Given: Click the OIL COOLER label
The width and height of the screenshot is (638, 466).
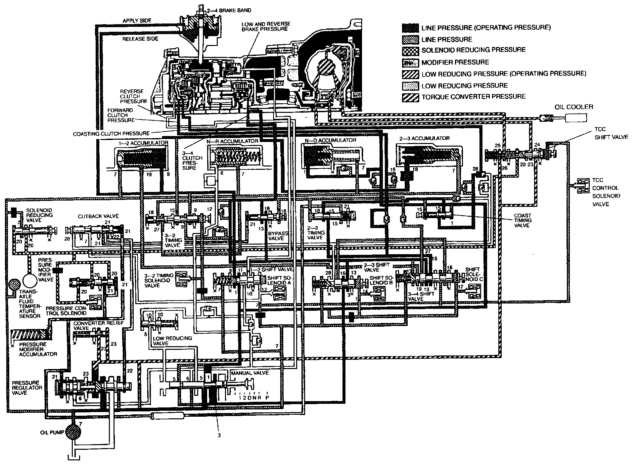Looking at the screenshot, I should pos(574,107).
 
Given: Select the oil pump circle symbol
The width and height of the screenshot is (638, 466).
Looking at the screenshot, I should pos(74,432).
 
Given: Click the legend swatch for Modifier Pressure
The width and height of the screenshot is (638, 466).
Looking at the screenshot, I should pos(410,62).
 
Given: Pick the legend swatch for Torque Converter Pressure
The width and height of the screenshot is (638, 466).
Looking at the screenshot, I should pos(410,97).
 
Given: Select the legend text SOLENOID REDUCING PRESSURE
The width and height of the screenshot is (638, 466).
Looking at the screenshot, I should pos(474,50).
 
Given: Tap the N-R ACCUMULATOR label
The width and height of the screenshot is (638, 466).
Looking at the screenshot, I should pos(233,141).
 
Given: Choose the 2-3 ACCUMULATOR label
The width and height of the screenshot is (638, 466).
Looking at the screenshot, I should pos(425,138).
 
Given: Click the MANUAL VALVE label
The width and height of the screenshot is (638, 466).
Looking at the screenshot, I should pos(250,373).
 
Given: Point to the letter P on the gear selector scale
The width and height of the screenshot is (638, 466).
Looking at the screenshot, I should pos(267,397).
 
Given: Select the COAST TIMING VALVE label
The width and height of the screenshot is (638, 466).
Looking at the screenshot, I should pos(523,220).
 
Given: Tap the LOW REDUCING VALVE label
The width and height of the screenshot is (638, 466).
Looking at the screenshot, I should pos(172,341).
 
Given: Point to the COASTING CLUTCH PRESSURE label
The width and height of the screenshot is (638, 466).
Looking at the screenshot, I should pos(111,133).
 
